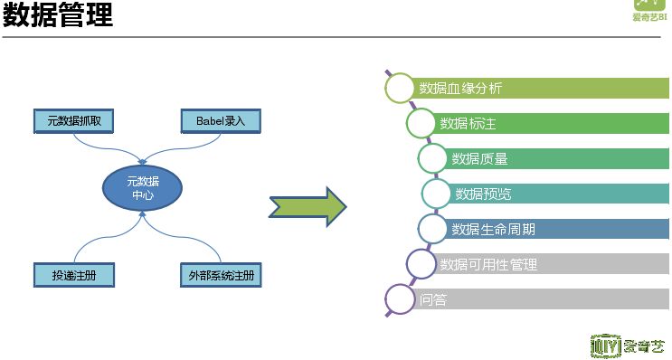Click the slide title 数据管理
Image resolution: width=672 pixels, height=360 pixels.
(58, 16)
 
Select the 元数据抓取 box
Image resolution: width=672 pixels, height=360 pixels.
(74, 120)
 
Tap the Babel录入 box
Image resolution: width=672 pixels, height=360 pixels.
(213, 120)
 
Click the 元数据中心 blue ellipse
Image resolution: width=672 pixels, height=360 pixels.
(143, 188)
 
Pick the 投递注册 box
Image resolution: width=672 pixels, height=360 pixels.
(74, 274)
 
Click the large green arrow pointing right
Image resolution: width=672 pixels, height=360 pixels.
(308, 207)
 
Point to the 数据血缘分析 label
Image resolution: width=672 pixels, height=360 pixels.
(460, 89)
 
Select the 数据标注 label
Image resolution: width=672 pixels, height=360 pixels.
(468, 124)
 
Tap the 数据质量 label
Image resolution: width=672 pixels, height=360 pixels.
(479, 159)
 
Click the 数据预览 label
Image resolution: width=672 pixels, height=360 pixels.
(483, 194)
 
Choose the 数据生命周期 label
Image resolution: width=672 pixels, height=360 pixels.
(493, 229)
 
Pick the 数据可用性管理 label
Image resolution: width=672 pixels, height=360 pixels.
(487, 264)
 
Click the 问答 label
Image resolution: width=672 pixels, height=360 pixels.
(433, 299)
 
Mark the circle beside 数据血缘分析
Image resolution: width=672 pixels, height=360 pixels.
(399, 88)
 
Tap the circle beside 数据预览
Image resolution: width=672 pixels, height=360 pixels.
(436, 194)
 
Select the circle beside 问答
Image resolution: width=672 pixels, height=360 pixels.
(399, 299)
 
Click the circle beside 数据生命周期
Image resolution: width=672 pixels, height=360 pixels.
(432, 229)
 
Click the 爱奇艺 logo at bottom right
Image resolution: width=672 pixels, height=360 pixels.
(626, 346)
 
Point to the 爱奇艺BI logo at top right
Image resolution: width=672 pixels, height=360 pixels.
(650, 11)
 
